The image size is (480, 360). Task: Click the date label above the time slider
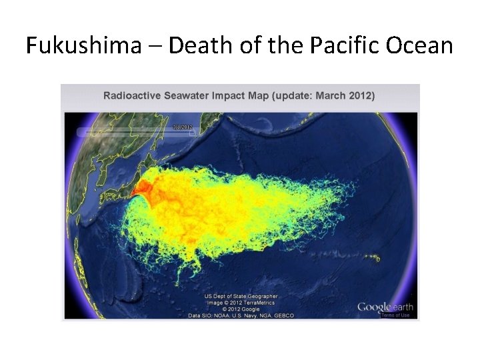click(x=182, y=126)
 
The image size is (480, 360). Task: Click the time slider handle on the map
click(x=192, y=133)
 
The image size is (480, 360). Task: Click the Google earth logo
click(x=385, y=307)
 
